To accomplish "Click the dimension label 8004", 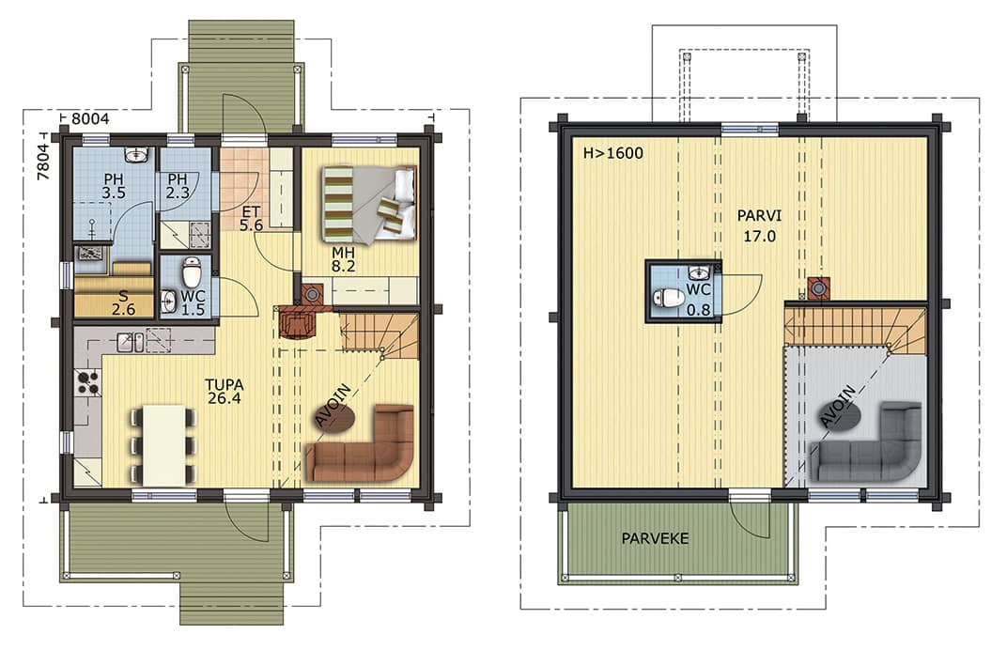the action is (90, 119).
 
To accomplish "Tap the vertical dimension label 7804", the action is (43, 162).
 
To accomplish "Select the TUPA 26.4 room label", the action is (225, 391).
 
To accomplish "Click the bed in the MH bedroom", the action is (369, 205).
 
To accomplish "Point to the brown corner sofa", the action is (360, 444).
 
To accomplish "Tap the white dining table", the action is (163, 445).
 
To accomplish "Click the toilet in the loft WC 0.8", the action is (668, 298).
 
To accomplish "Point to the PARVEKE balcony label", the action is (655, 538).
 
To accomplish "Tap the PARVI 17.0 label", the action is (760, 225).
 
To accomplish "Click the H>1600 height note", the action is (612, 153).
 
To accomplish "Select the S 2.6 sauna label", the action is (123, 302).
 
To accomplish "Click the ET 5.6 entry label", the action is (251, 218).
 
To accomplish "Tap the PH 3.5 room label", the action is (113, 186).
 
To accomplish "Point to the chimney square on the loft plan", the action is (818, 288).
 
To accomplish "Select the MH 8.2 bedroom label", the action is (344, 259).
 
